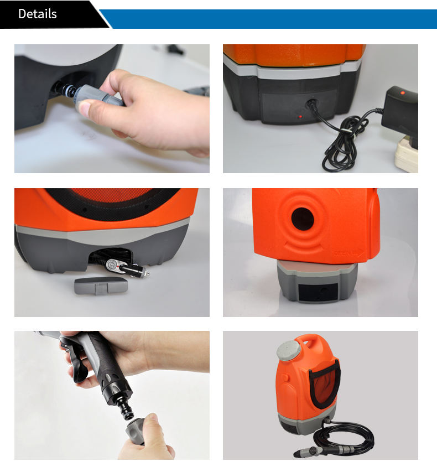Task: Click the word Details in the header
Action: click(37, 14)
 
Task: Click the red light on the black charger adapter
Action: click(403, 93)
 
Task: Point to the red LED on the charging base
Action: click(300, 117)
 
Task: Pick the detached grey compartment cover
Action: click(101, 286)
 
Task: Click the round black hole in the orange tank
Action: click(303, 219)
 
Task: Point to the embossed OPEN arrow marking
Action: click(349, 253)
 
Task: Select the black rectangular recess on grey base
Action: click(318, 292)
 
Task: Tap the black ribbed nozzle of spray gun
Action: click(126, 408)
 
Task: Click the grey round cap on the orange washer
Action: click(288, 351)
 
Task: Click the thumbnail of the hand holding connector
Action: click(112, 108)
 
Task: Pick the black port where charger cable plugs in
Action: click(311, 105)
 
